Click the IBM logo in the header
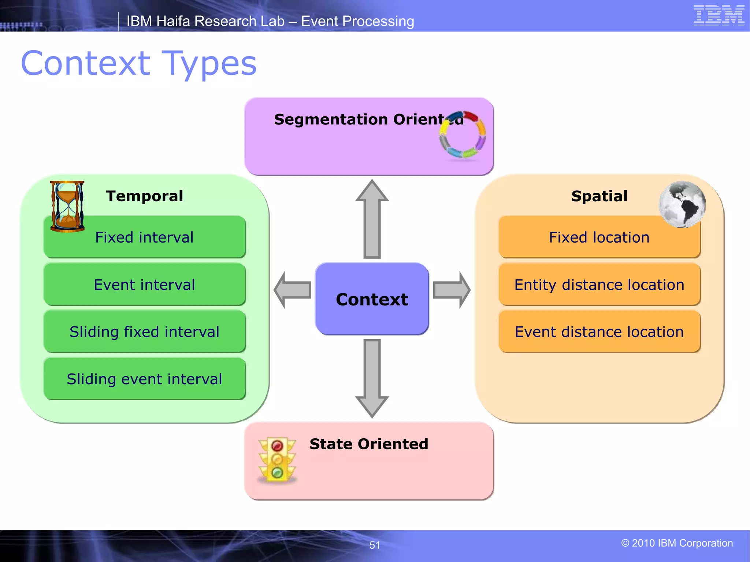click(719, 15)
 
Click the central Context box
click(372, 299)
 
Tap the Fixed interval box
click(144, 237)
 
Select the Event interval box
click(144, 284)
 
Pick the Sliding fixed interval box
click(144, 331)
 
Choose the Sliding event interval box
click(144, 379)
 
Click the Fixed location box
click(599, 237)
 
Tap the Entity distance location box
click(599, 284)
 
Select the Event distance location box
click(599, 331)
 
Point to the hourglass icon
click(67, 206)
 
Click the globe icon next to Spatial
click(682, 204)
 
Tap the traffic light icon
click(277, 460)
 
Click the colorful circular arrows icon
click(463, 135)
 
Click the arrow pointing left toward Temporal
click(293, 290)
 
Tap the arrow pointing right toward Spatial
click(451, 290)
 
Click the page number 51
click(375, 545)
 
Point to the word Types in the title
click(209, 64)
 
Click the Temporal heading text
click(144, 196)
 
